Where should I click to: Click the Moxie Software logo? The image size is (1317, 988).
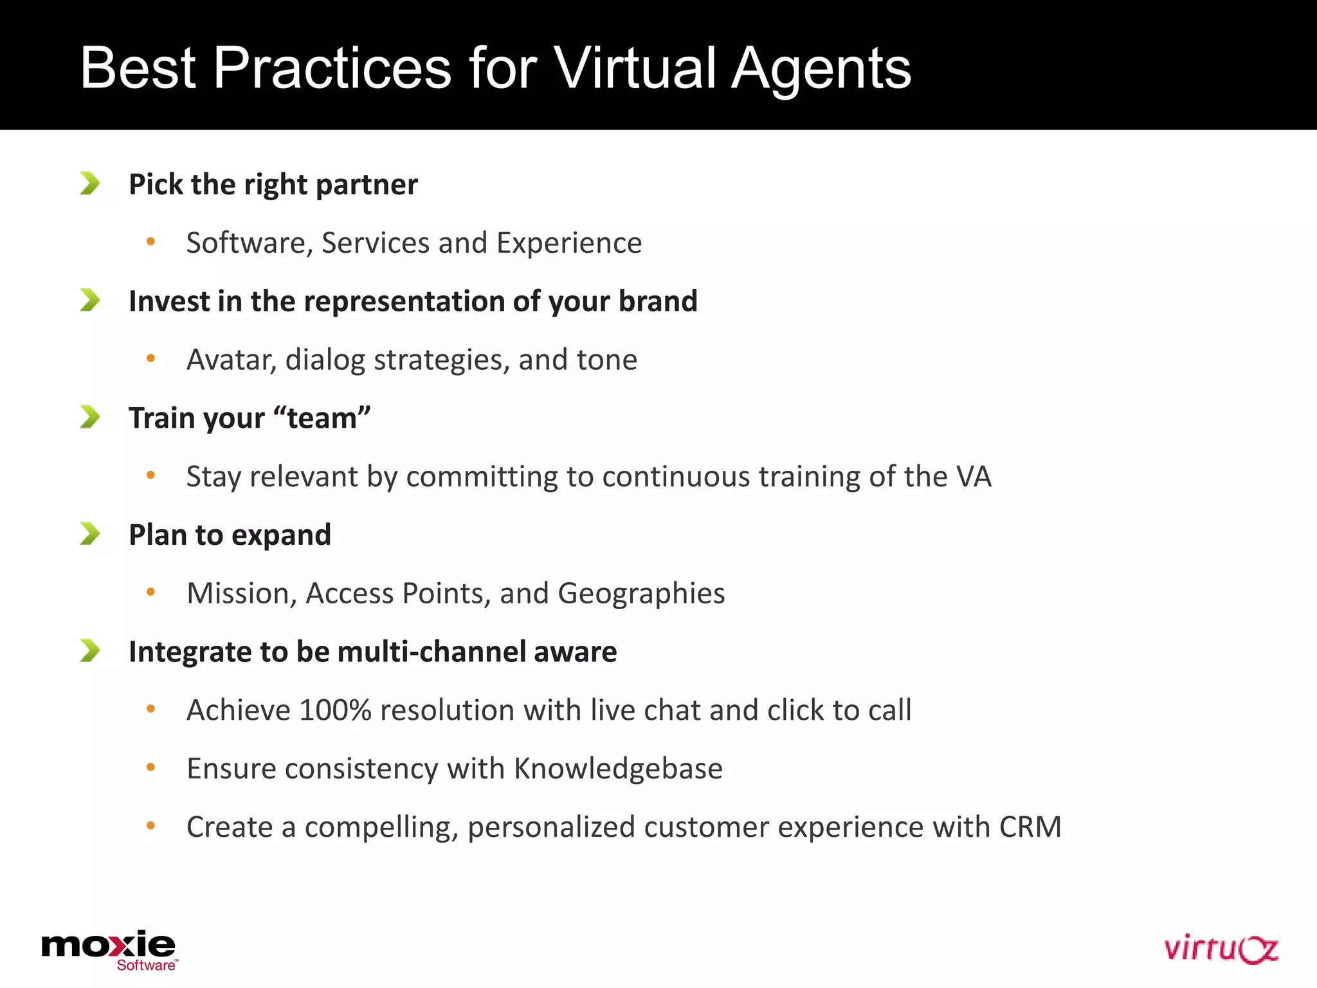click(109, 949)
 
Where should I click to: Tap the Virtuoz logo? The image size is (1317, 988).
click(1220, 949)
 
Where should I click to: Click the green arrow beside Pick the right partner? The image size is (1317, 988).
click(90, 183)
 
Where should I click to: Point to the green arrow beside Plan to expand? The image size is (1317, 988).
click(90, 534)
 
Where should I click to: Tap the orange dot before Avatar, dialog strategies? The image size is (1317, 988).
click(151, 358)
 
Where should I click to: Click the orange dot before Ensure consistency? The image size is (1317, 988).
click(151, 767)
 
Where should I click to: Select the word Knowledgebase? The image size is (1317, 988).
click(618, 769)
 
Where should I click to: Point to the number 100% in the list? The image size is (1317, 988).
click(335, 710)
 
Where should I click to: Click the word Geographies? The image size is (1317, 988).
click(641, 594)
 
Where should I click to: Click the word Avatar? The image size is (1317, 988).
click(230, 360)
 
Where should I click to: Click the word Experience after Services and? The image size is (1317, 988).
click(569, 243)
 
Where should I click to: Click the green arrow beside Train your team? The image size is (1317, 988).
click(90, 417)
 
